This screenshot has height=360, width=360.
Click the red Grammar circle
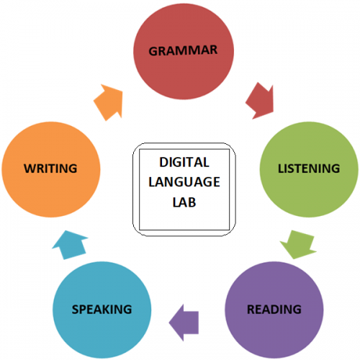pyautogui.click(x=184, y=51)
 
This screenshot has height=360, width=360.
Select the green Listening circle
pyautogui.click(x=309, y=169)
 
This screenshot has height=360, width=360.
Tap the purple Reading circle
pyautogui.click(x=274, y=310)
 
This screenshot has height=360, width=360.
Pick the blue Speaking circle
pyautogui.click(x=102, y=310)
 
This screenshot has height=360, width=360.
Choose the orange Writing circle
pyautogui.click(x=51, y=169)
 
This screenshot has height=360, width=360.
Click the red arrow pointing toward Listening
pyautogui.click(x=261, y=101)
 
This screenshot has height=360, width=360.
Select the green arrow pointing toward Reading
pyautogui.click(x=298, y=244)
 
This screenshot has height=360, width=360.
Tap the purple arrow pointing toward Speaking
pyautogui.click(x=184, y=323)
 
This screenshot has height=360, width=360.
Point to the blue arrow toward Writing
pyautogui.click(x=70, y=245)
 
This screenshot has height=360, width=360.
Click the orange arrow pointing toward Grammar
pyautogui.click(x=109, y=102)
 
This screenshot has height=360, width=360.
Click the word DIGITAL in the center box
pyautogui.click(x=184, y=162)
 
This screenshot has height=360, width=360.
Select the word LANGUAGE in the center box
pyautogui.click(x=184, y=182)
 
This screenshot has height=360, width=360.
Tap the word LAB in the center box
pyautogui.click(x=184, y=202)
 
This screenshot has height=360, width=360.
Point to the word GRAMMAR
pyautogui.click(x=183, y=50)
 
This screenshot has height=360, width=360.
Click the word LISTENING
pyautogui.click(x=309, y=168)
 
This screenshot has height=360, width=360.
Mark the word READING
pyautogui.click(x=274, y=309)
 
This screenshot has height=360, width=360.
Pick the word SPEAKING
pyautogui.click(x=102, y=309)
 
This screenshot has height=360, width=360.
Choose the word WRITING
pyautogui.click(x=50, y=168)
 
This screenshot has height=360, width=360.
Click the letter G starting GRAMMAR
pyautogui.click(x=153, y=51)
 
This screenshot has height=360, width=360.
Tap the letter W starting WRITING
pyautogui.click(x=30, y=168)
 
